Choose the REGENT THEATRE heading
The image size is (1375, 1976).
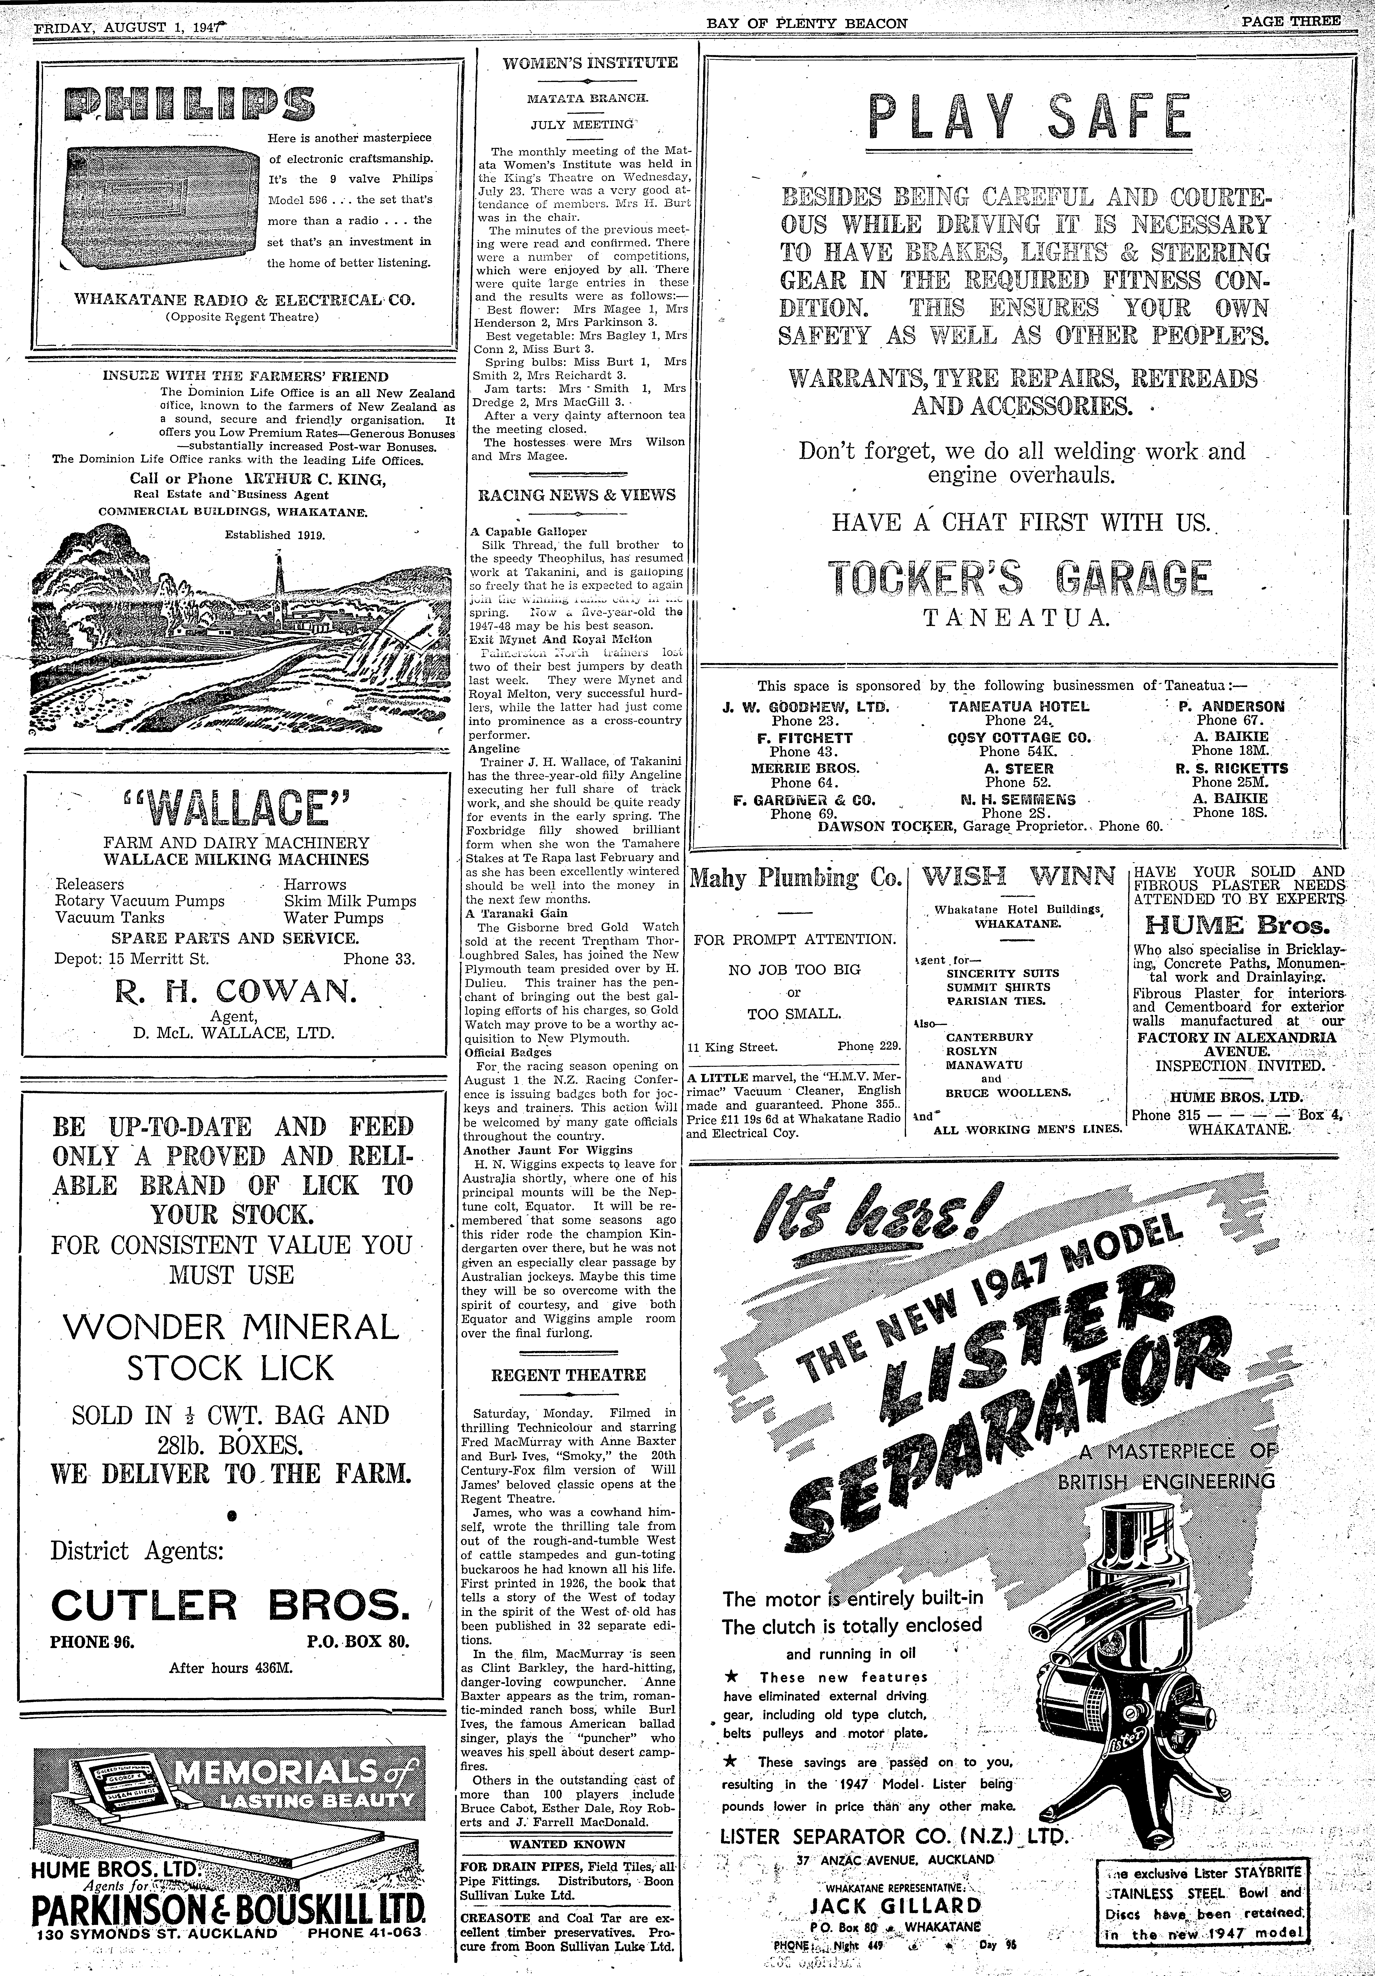[568, 1375]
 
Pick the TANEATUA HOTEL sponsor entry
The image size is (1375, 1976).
[1019, 706]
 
